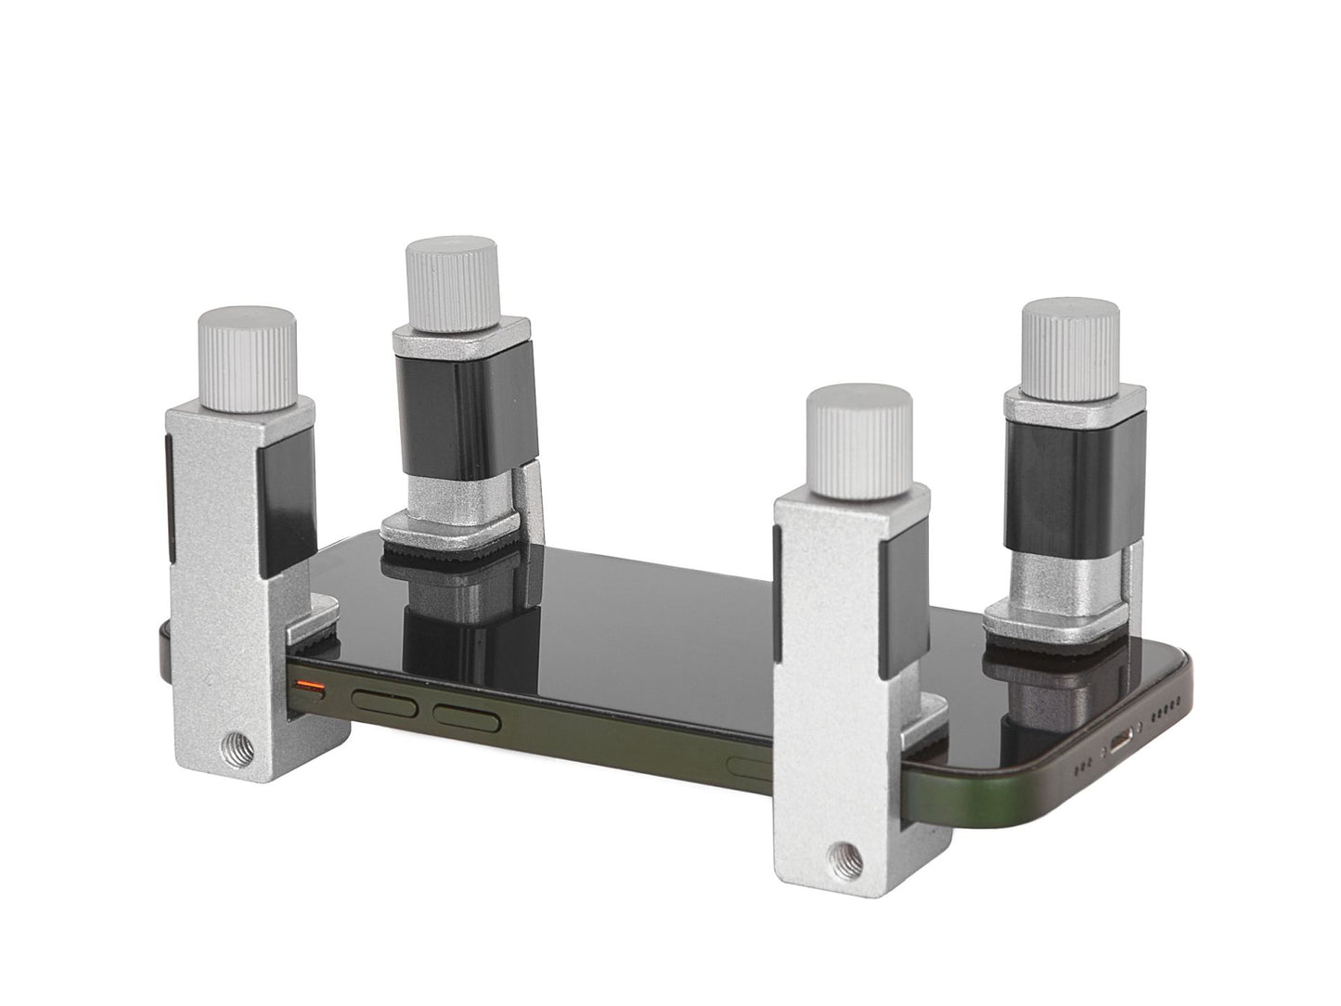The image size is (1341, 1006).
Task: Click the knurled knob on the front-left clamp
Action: point(247,358)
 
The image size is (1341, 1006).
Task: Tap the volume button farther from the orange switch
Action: point(467,716)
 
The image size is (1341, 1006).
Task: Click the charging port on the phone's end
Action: point(1123,742)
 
